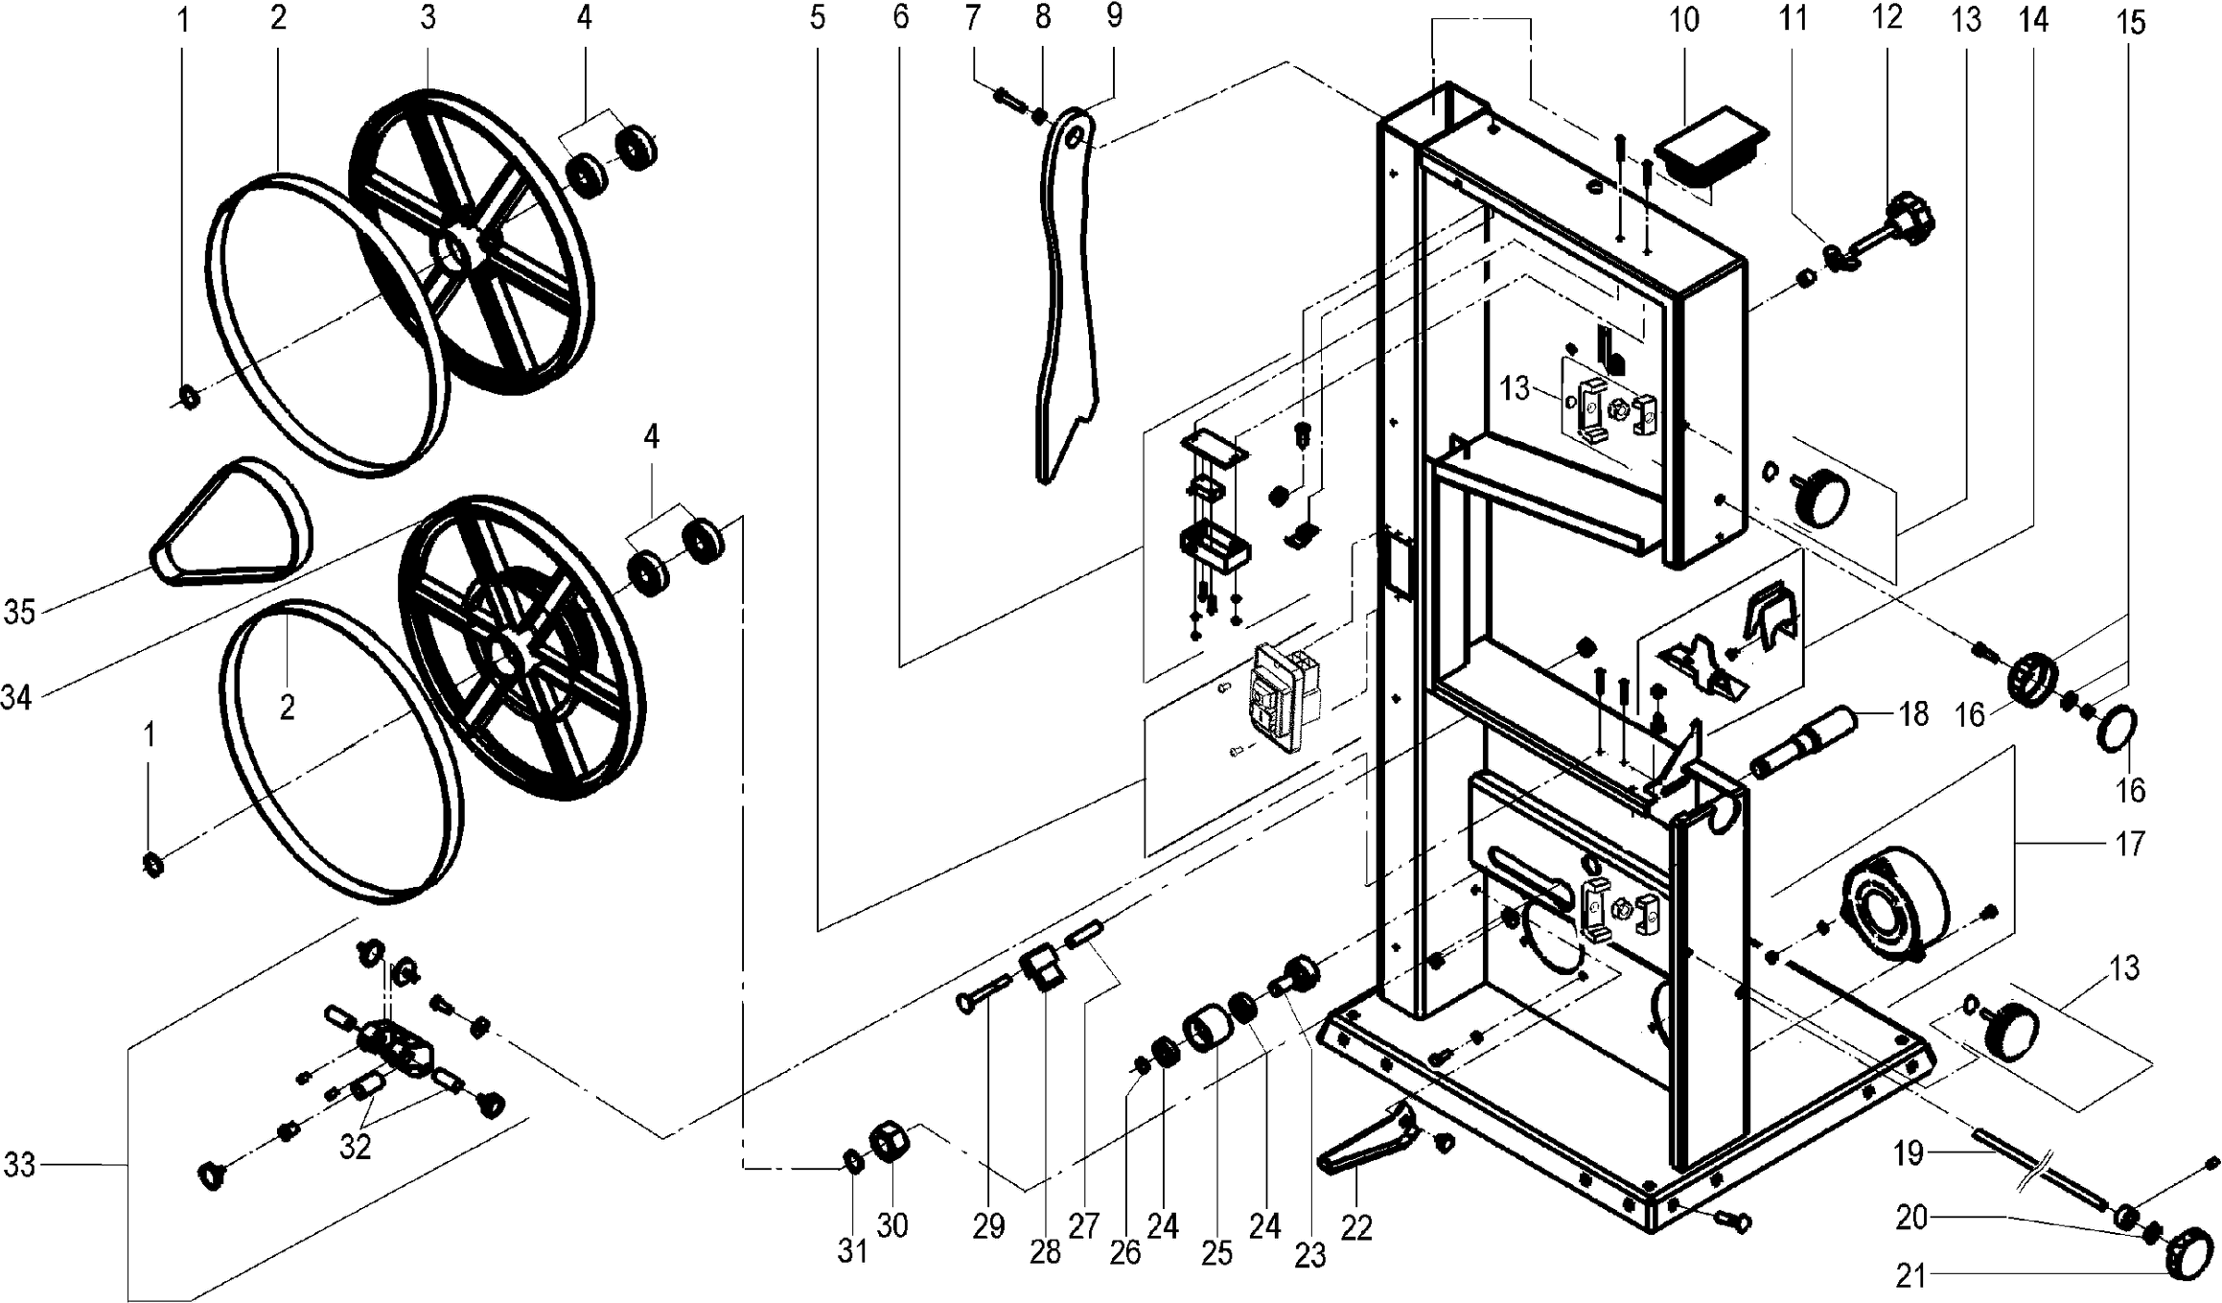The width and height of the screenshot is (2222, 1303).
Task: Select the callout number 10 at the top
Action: point(1683,20)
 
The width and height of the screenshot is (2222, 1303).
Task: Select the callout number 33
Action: point(19,1165)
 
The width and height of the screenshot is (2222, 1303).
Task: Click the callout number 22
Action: point(1356,1227)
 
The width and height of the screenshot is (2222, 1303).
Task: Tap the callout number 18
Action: point(1913,714)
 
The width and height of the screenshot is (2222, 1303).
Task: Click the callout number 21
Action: point(1911,1275)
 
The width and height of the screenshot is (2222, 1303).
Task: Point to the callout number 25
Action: point(1216,1254)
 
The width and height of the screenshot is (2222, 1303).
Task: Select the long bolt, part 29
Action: point(982,992)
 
